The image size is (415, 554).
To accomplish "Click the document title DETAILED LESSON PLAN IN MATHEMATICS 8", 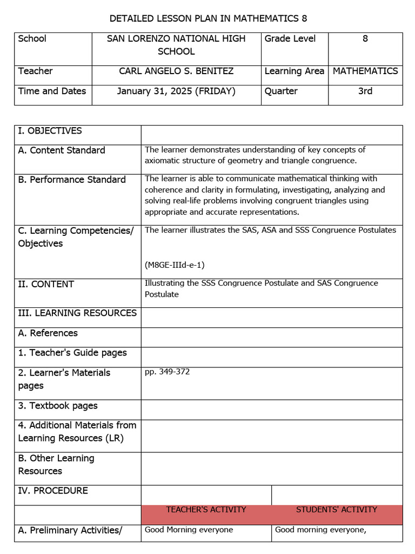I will tap(208, 18).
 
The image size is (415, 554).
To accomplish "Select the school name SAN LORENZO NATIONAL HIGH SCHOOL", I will tap(176, 45).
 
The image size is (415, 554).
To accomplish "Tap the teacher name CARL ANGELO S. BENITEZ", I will tap(176, 71).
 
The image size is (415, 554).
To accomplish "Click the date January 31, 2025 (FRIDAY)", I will tap(176, 91).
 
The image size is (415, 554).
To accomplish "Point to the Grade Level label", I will tap(290, 38).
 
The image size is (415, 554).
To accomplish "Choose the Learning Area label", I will tap(294, 71).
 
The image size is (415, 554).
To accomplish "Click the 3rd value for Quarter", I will tap(365, 91).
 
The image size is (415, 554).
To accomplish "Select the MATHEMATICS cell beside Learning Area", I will tap(365, 71).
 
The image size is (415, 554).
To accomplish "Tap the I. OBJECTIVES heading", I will tap(50, 130).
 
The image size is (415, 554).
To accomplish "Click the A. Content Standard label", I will tap(62, 150).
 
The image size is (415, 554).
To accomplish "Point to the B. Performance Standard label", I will tap(72, 179).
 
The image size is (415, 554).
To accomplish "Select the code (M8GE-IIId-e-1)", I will tap(175, 265).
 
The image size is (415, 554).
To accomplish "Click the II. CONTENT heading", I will tap(46, 284).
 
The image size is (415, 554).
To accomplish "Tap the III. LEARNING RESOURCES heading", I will tap(77, 313).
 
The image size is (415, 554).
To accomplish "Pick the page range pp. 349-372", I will tap(167, 372).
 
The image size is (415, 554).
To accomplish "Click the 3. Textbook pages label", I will tap(58, 405).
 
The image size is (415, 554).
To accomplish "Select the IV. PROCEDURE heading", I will tap(53, 490).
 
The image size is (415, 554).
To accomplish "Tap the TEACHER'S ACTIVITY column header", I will tap(206, 510).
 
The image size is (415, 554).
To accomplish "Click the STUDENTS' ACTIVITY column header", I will tap(337, 510).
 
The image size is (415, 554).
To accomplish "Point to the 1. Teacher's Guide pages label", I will tap(72, 352).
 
